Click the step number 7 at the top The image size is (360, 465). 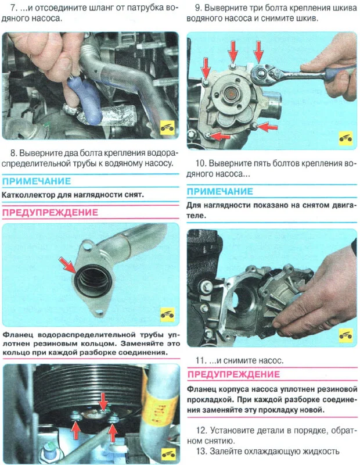(13, 8)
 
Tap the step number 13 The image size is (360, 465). (201, 451)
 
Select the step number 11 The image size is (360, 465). (200, 360)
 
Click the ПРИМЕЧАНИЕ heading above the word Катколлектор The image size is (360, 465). (37, 181)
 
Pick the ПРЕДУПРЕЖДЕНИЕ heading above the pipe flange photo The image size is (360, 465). (50, 212)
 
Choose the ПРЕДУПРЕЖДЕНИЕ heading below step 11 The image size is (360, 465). (234, 374)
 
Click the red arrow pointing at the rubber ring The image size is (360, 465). (67, 265)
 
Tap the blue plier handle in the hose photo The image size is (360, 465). (85, 98)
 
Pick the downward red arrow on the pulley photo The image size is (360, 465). (103, 401)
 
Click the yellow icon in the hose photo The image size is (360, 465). (167, 128)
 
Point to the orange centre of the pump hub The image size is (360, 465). (230, 95)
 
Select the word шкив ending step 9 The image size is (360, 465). (307, 19)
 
